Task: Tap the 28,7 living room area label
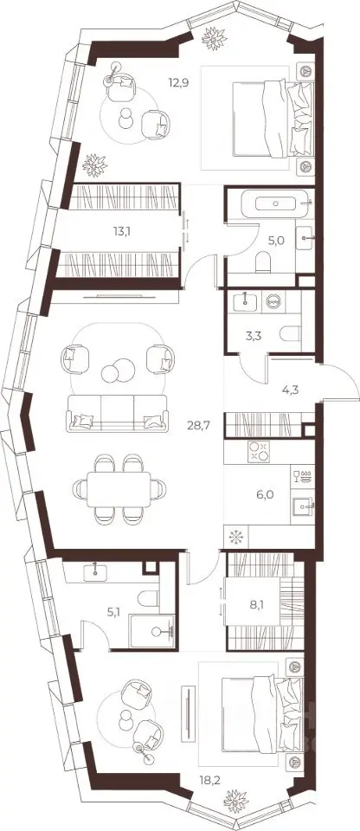199,424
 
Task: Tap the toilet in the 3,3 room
290,334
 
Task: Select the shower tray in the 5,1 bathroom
152,631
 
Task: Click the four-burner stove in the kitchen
259,451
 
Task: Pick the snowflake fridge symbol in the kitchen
235,538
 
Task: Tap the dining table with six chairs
119,488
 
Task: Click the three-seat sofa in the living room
117,412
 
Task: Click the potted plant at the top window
215,38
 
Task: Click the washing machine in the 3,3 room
273,300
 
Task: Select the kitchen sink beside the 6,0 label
303,506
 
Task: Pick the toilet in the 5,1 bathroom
148,598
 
